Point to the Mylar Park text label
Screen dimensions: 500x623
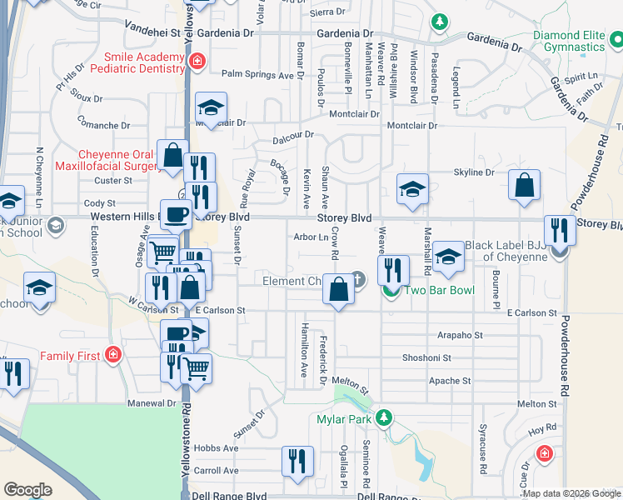342,419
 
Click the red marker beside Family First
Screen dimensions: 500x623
112,356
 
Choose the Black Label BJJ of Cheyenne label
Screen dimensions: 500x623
506,251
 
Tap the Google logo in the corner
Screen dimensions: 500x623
27,490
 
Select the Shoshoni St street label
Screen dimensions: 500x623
427,357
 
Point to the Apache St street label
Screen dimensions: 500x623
450,381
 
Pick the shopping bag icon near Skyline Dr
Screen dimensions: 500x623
524,187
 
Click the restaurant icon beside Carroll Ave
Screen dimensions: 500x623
297,461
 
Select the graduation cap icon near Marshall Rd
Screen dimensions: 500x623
448,259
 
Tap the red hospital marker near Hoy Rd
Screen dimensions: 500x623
544,453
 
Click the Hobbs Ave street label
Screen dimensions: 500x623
216,448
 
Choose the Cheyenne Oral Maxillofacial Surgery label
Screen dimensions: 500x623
119,160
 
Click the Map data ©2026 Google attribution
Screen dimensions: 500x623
571,493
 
